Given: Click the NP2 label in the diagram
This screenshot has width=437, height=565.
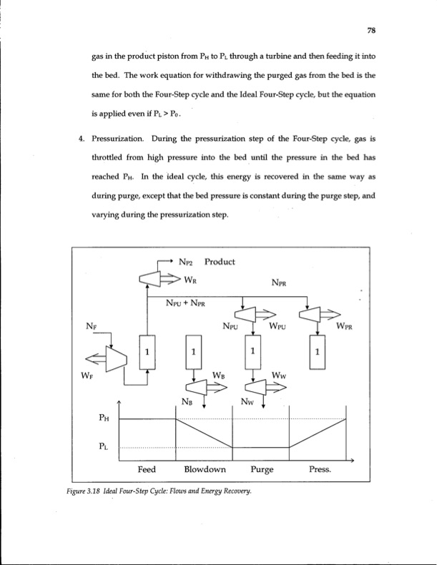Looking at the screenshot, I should [187, 262].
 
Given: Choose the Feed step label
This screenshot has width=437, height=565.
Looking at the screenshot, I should [147, 471].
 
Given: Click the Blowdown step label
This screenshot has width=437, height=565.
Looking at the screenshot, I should [205, 471].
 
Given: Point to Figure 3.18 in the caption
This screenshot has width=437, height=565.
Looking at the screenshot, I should [91, 491].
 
